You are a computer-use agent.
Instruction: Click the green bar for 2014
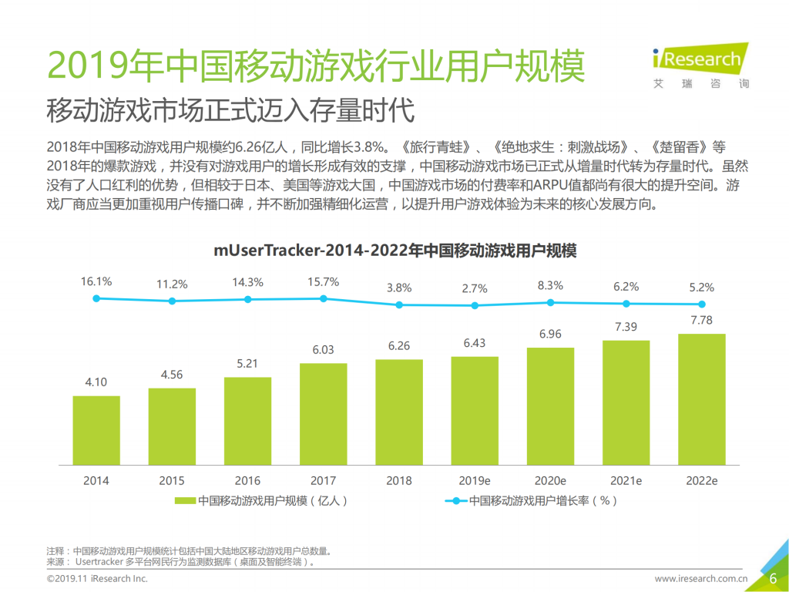pyautogui.click(x=96, y=431)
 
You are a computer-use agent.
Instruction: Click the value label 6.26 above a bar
pyautogui.click(x=398, y=346)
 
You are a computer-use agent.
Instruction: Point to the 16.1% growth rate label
pyautogui.click(x=96, y=281)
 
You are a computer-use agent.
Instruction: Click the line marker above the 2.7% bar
pyautogui.click(x=475, y=305)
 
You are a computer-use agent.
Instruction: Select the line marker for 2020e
pyautogui.click(x=550, y=303)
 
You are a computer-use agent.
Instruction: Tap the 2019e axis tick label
pyautogui.click(x=475, y=480)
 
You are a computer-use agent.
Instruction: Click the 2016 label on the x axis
pyautogui.click(x=247, y=480)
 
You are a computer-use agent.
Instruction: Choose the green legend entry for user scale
pyautogui.click(x=261, y=500)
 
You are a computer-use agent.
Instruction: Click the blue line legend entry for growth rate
pyautogui.click(x=532, y=500)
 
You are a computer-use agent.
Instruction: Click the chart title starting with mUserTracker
pyautogui.click(x=394, y=251)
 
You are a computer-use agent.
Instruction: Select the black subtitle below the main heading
pyautogui.click(x=230, y=110)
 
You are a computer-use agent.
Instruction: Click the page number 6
pyautogui.click(x=772, y=579)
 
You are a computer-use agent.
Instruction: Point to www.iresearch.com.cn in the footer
pyautogui.click(x=701, y=579)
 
